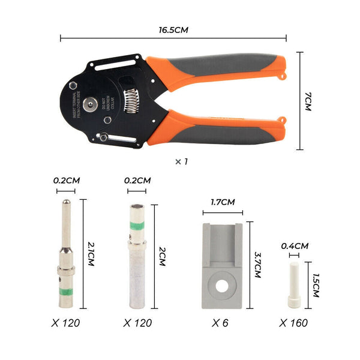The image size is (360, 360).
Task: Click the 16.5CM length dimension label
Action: (174, 28)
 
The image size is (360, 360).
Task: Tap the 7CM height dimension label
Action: (308, 100)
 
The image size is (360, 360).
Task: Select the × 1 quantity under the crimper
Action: (181, 161)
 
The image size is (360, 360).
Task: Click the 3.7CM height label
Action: (257, 265)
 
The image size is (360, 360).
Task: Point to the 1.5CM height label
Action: (314, 282)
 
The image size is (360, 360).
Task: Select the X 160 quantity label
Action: (293, 323)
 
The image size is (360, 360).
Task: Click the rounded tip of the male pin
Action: (66, 205)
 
